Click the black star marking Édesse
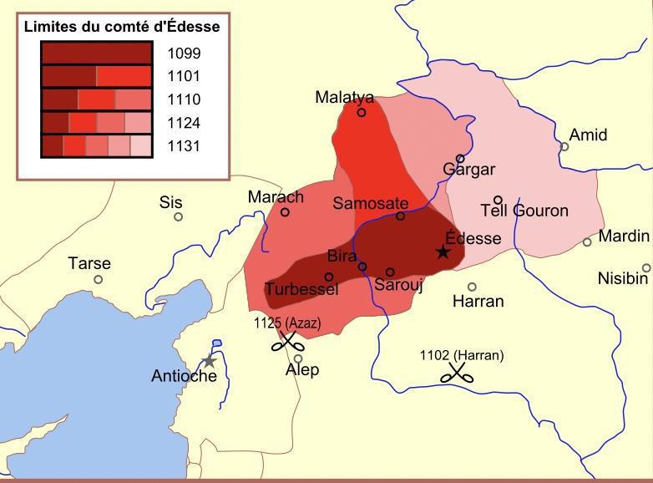[443, 252]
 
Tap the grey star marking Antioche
[209, 361]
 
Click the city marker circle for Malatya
[362, 112]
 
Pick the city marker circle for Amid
[564, 147]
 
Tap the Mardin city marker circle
[587, 242]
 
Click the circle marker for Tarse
[99, 279]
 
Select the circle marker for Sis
[178, 217]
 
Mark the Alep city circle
[298, 358]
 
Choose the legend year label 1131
[184, 146]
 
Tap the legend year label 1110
[184, 100]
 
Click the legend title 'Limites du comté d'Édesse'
[122, 27]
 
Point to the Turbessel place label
[301, 289]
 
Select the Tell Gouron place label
[524, 211]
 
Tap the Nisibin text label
[623, 278]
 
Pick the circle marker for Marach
[285, 212]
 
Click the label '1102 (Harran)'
[462, 355]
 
